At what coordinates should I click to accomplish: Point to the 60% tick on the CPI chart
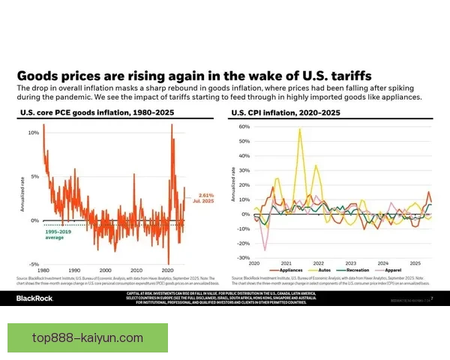244,127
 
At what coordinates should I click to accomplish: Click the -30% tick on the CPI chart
244,257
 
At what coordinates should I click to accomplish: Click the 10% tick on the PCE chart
33,133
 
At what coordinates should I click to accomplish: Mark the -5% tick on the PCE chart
33,264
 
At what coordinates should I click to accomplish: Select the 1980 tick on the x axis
43,270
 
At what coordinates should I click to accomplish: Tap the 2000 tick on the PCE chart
105,270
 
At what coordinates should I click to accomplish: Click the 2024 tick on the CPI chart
382,263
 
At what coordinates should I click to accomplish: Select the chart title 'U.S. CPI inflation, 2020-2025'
285,112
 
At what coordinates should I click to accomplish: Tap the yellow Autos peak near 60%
300,129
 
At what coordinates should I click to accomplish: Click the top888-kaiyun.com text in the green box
88,337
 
